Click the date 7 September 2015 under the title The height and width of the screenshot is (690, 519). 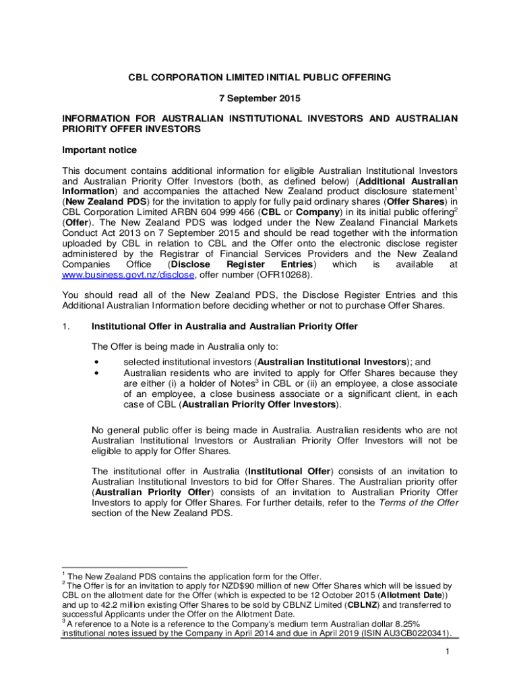259,98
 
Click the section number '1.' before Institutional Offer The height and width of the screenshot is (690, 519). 65,327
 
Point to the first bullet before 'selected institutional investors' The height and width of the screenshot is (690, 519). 98,362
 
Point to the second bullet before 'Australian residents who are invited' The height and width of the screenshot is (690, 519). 98,373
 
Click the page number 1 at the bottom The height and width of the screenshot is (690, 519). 447,652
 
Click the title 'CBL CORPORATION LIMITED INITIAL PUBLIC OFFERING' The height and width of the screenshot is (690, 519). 259,77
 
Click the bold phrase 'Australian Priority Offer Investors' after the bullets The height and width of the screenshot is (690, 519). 259,405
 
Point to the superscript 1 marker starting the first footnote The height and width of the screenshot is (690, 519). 63,573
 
